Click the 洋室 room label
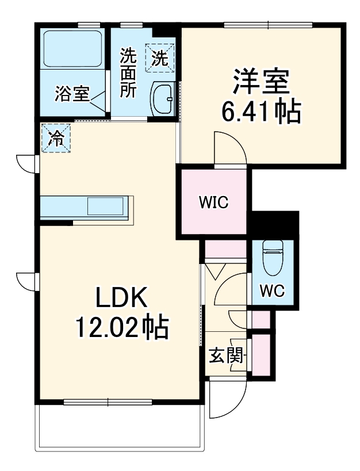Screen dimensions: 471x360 coord(260,82)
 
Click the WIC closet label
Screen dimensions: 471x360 coord(213,202)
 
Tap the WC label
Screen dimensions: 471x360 coord(272,290)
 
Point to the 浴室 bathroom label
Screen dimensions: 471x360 coord(72,94)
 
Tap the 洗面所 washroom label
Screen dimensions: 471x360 coord(128,73)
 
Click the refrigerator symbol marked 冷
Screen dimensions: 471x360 coord(56,138)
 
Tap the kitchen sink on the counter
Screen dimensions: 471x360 coord(106,205)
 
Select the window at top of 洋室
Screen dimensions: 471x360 coord(268,24)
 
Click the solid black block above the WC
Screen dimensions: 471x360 coord(275,224)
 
